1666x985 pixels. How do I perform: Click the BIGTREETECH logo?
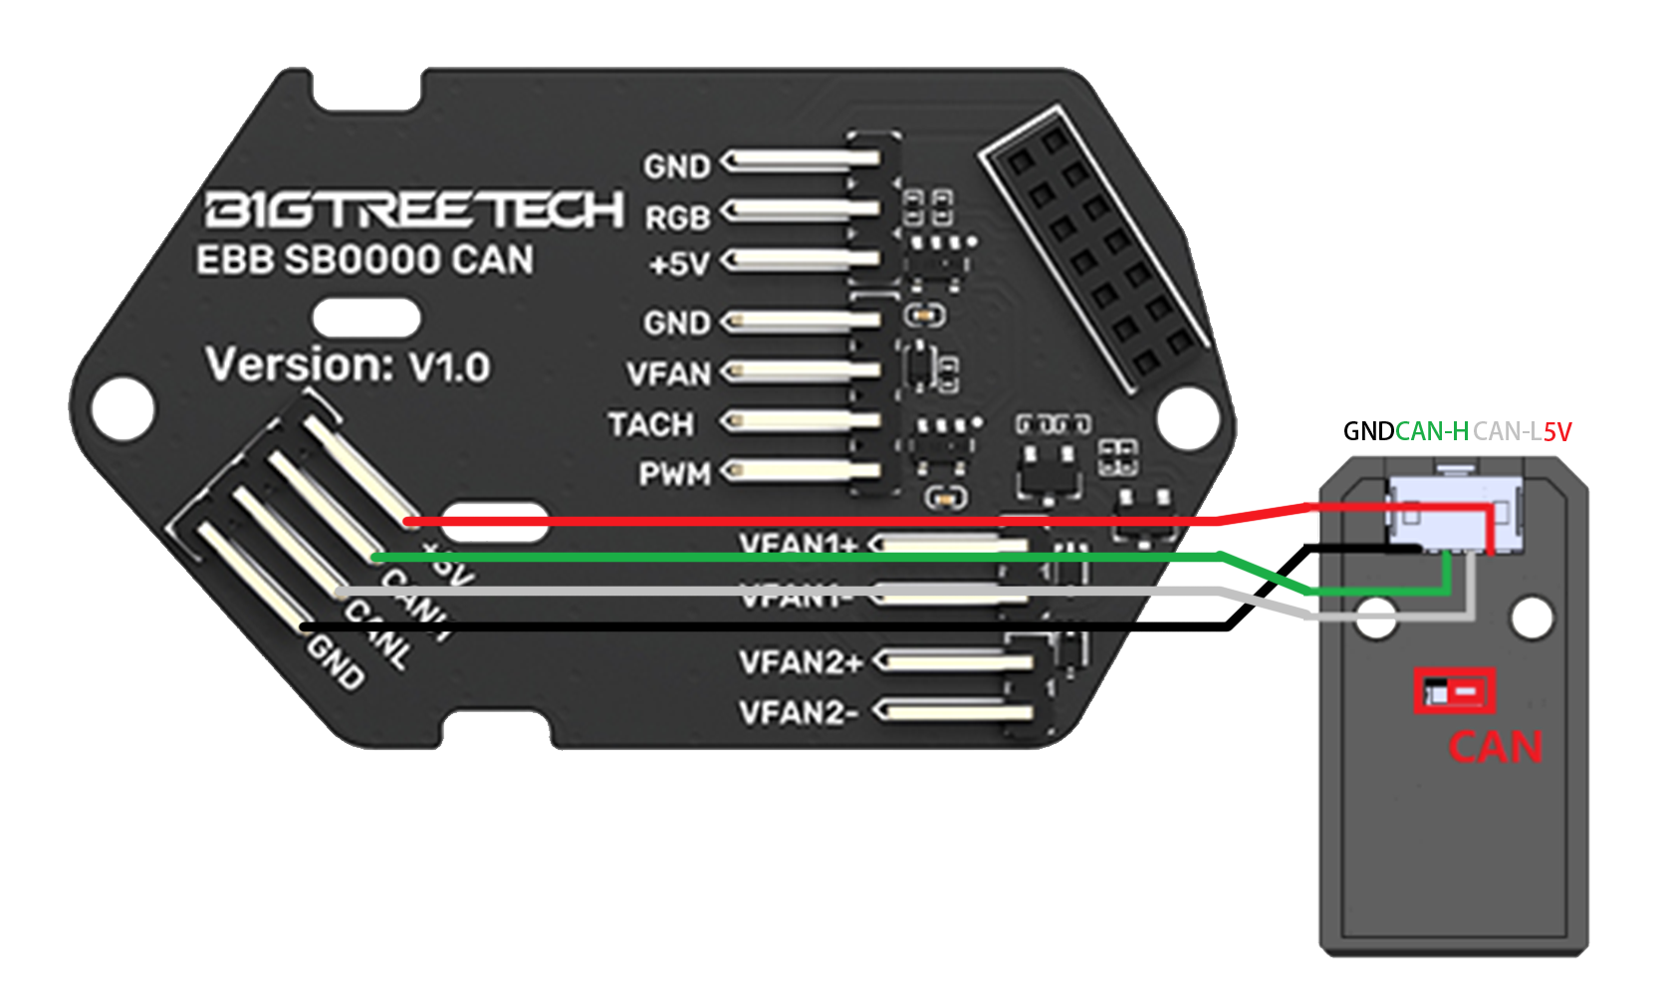(x=413, y=210)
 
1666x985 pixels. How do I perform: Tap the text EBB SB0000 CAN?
(x=364, y=260)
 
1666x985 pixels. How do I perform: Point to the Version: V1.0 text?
(x=348, y=366)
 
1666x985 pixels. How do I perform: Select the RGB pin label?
(x=677, y=216)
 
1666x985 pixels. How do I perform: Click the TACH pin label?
(x=650, y=424)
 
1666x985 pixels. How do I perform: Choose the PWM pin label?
(x=674, y=474)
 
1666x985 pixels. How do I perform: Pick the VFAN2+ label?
(x=800, y=661)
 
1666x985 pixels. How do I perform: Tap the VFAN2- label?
(x=798, y=713)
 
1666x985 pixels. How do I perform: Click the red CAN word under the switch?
(x=1495, y=747)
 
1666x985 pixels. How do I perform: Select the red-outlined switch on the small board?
(x=1455, y=690)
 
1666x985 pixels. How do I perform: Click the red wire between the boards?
(x=797, y=521)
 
